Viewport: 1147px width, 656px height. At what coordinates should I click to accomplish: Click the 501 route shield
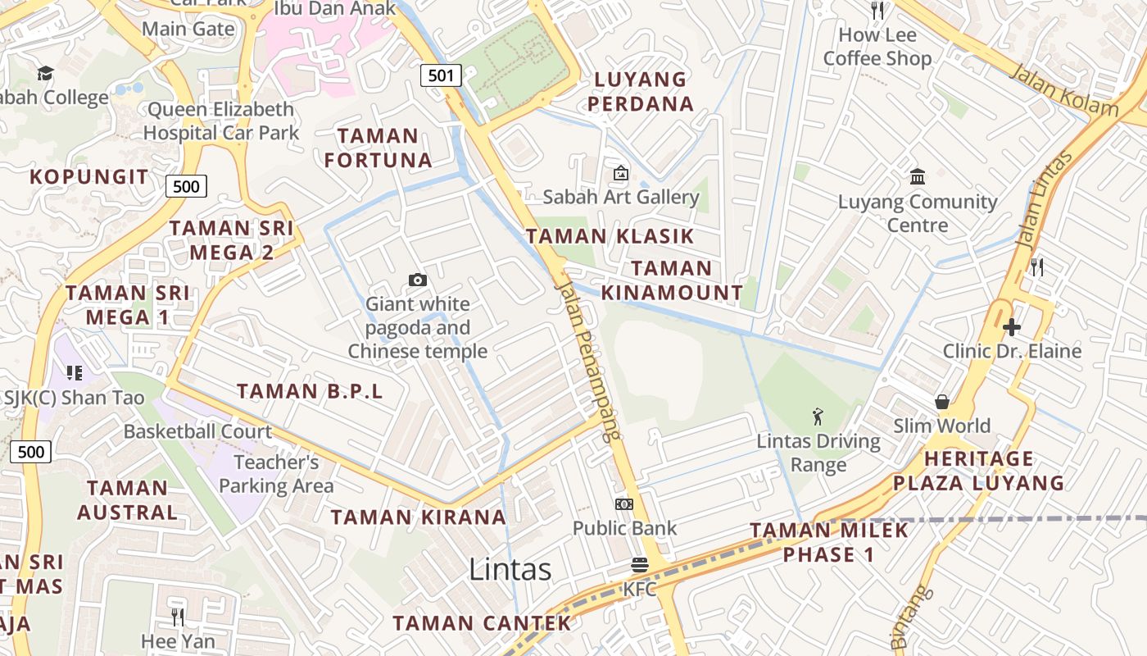[x=441, y=76]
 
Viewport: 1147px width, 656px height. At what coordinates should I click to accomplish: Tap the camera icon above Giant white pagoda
[x=418, y=280]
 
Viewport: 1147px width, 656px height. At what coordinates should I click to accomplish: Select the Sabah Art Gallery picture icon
[x=621, y=173]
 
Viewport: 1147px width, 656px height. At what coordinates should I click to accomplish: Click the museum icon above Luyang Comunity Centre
[x=918, y=177]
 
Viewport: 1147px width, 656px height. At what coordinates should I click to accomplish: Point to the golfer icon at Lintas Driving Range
[x=818, y=417]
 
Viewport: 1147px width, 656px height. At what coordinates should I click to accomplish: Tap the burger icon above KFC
[x=640, y=565]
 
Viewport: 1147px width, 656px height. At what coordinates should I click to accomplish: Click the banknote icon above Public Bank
[x=624, y=504]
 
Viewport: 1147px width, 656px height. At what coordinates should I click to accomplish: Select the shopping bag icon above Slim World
[x=942, y=402]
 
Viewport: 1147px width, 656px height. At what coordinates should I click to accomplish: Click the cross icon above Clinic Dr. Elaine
[x=1012, y=327]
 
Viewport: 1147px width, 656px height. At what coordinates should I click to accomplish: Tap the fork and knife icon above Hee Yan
[x=178, y=617]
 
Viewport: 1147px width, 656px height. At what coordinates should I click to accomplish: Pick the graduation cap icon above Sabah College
[x=45, y=73]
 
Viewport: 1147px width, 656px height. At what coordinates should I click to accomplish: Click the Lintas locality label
[x=510, y=569]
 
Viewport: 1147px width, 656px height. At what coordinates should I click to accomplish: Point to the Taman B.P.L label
[x=310, y=391]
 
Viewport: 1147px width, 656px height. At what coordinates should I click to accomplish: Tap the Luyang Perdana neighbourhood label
[x=640, y=92]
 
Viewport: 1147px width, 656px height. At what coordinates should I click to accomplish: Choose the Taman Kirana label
[x=418, y=517]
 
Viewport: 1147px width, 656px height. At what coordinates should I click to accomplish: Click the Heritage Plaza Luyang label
[x=978, y=471]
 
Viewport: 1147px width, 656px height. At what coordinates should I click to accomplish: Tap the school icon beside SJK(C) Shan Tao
[x=75, y=373]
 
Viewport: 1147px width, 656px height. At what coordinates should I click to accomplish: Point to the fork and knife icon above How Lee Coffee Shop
[x=877, y=10]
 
